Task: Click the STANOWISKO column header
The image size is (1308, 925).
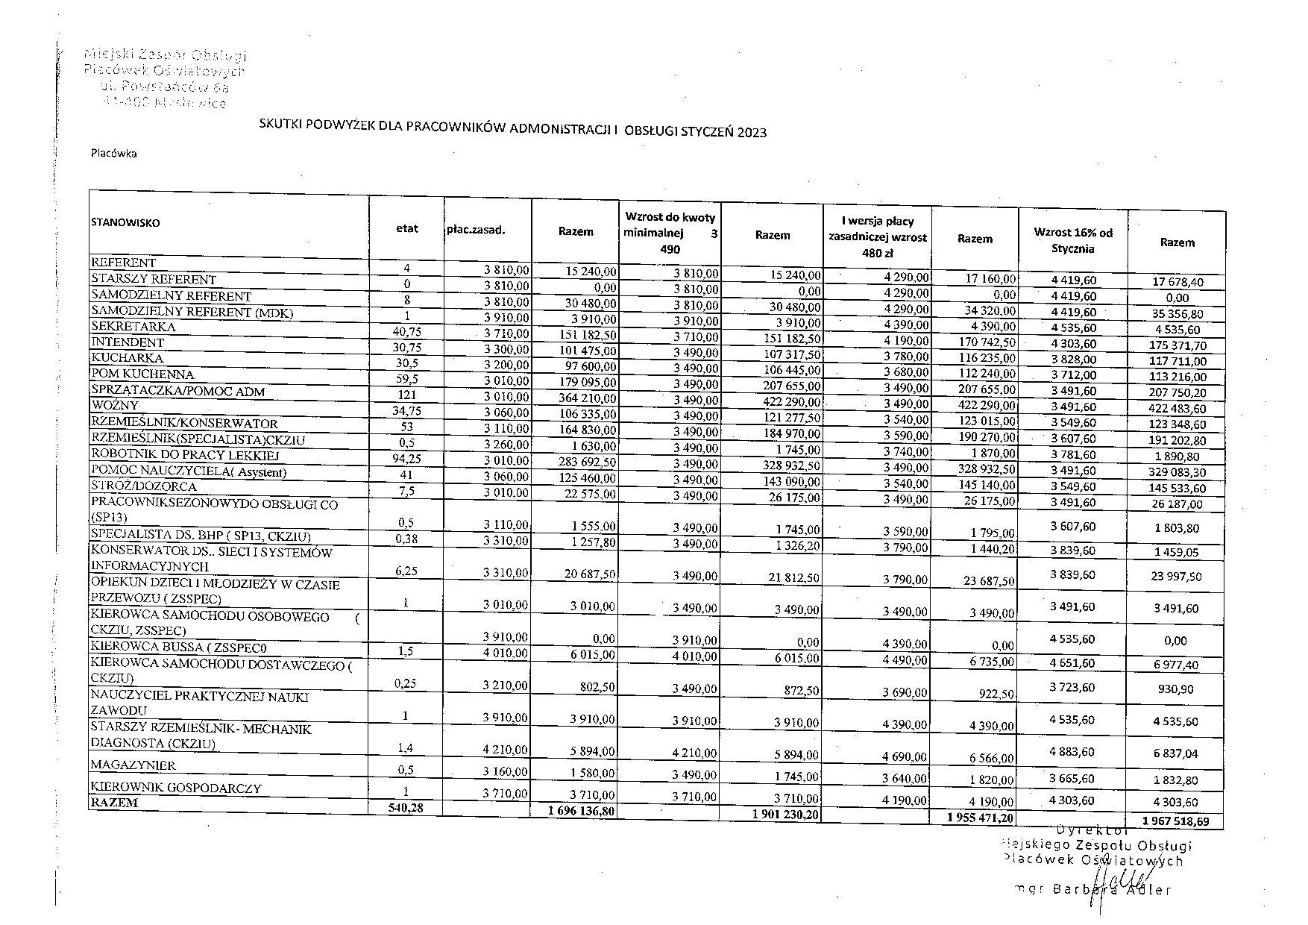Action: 125,222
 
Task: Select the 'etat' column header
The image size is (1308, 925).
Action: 407,228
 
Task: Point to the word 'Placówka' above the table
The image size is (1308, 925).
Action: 113,154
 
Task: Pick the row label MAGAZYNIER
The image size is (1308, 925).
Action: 133,765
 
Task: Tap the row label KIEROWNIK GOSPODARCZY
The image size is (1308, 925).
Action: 176,787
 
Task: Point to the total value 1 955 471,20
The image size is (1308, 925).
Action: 980,818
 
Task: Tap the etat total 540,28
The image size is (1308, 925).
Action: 406,807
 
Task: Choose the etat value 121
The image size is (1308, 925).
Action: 407,394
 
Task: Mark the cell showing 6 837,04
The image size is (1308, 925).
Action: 1175,753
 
